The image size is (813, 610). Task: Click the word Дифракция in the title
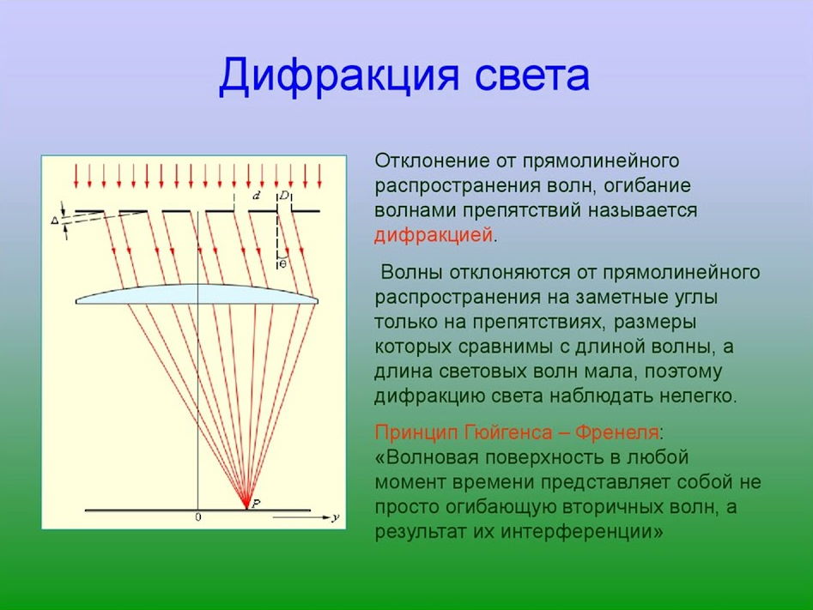pos(338,76)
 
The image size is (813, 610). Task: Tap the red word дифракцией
pos(434,236)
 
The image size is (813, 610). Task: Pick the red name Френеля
pos(617,432)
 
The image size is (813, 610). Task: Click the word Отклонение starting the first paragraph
pos(433,160)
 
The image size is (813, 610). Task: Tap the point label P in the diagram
pos(256,503)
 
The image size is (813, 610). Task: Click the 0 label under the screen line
pos(198,516)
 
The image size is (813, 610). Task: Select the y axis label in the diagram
pos(336,517)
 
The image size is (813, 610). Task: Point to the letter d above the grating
pos(256,196)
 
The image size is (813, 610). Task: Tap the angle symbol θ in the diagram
pos(282,264)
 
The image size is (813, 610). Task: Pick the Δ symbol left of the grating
pos(55,220)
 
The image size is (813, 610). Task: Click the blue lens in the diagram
pos(197,294)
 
